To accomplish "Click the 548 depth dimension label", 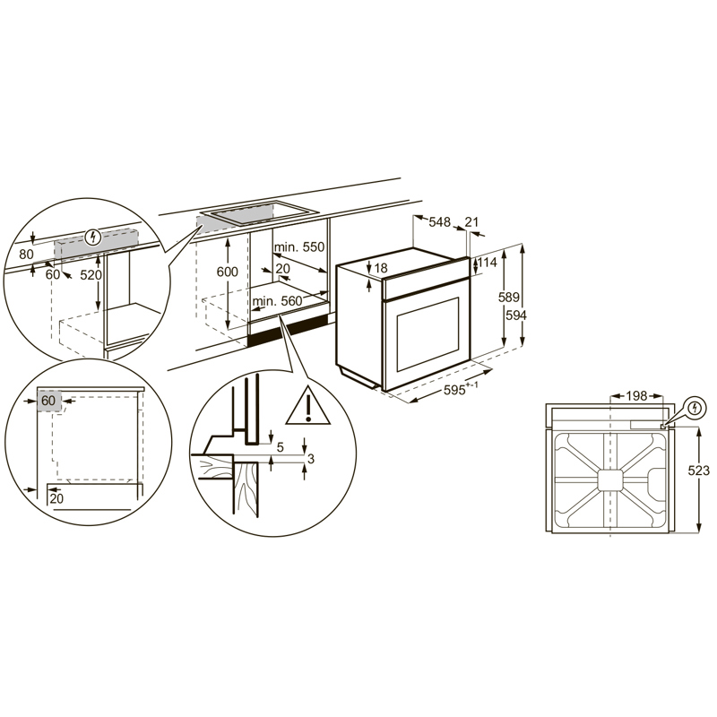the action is coord(439,222).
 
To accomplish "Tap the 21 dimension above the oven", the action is coord(471,221).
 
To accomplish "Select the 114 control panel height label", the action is coord(487,263).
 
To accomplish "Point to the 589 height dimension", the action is coord(508,298).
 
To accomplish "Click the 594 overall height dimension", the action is coord(516,315).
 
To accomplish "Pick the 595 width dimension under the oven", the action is coord(461,389).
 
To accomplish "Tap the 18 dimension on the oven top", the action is coord(380,267).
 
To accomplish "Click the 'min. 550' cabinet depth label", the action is coord(299,247).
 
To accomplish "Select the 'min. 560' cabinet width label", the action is coord(277,301).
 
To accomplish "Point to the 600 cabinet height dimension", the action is coord(228,272).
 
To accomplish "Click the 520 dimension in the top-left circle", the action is coord(91,275).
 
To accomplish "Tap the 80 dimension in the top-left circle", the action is coord(27,254).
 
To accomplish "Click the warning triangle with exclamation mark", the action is coord(308,405).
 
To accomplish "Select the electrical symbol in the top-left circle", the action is coord(93,237).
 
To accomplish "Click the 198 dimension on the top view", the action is coord(636,395).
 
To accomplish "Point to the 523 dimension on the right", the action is coord(699,470).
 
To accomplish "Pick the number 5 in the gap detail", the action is coord(281,447).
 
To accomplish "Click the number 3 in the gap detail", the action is coord(311,459).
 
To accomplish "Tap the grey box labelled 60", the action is coord(49,401).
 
